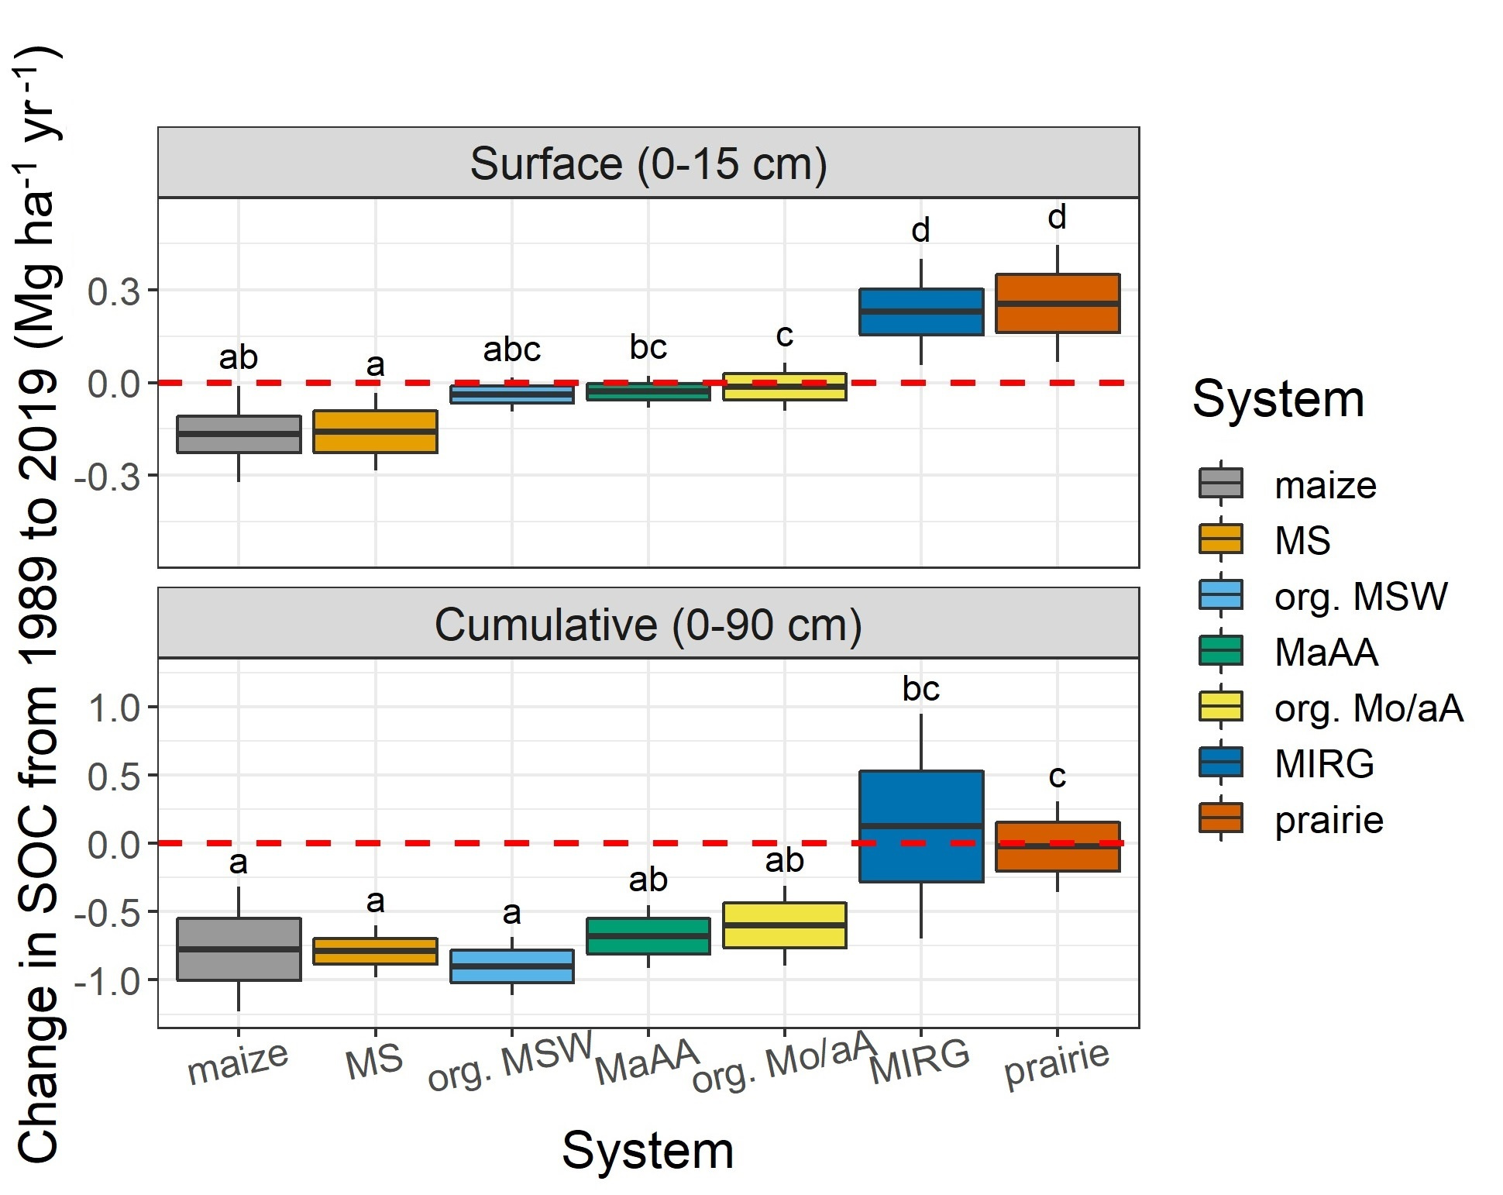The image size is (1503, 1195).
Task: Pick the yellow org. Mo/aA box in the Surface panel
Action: click(x=785, y=386)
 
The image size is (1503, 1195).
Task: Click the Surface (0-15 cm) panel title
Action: click(x=648, y=164)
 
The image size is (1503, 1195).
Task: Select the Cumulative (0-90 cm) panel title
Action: click(x=648, y=625)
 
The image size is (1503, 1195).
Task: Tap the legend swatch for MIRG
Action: click(x=1221, y=763)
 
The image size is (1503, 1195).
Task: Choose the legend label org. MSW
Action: click(x=1360, y=597)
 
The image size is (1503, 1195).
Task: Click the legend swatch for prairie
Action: click(x=1221, y=818)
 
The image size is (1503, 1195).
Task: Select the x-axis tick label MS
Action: click(x=375, y=1062)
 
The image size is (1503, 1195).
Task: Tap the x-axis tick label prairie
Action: click(x=1057, y=1065)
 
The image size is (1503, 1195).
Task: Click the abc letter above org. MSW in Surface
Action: click(x=511, y=350)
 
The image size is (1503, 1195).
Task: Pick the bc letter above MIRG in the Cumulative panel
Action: click(x=920, y=689)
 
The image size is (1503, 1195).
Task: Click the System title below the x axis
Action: click(x=648, y=1150)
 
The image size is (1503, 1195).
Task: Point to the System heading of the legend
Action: click(x=1278, y=399)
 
